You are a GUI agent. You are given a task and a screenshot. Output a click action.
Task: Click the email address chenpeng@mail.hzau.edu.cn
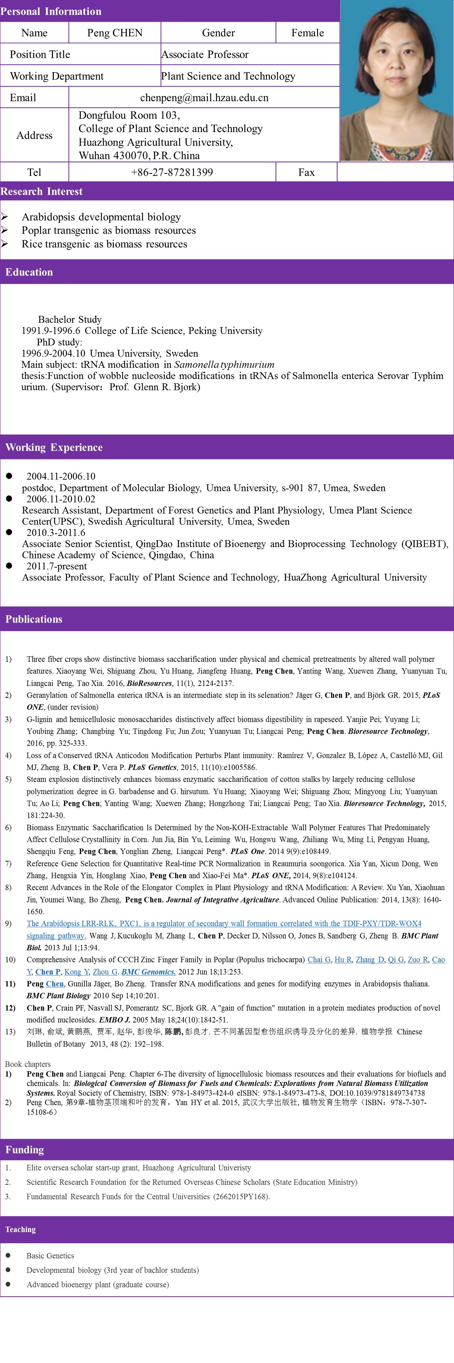click(204, 97)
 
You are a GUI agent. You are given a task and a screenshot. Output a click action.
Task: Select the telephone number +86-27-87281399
click(172, 172)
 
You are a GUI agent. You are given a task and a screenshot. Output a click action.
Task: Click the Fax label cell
click(306, 172)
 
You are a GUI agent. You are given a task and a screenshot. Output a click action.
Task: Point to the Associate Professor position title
click(205, 54)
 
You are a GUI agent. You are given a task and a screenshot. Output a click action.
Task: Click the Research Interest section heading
click(41, 191)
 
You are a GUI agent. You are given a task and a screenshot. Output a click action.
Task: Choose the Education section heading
click(29, 272)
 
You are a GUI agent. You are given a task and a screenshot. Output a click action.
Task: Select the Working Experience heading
click(54, 447)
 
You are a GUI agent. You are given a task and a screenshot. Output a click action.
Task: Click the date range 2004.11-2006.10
click(61, 476)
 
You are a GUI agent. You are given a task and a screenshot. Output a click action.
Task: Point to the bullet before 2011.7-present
click(9, 566)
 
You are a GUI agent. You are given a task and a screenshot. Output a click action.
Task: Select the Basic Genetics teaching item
click(50, 1256)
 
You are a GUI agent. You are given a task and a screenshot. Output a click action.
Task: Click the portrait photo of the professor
click(396, 80)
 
